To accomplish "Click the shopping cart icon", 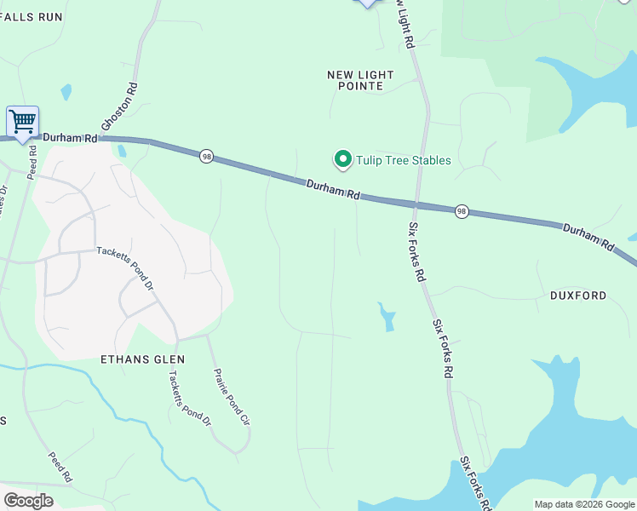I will [x=22, y=121].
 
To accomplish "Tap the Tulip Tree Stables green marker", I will [x=342, y=159].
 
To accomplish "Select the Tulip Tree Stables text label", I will [x=403, y=160].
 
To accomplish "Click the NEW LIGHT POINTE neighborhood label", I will [x=360, y=81].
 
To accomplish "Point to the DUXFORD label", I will [x=578, y=296].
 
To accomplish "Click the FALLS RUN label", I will [x=32, y=17].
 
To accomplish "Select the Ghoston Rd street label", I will [x=120, y=110].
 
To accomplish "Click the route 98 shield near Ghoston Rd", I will [x=207, y=156].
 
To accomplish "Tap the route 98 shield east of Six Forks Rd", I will [x=462, y=210].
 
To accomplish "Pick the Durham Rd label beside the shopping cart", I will [x=70, y=138].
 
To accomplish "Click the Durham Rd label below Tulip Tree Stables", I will [x=332, y=188].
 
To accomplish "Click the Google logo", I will [x=28, y=500].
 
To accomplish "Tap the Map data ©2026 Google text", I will [x=583, y=504].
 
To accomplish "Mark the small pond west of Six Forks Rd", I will [x=387, y=317].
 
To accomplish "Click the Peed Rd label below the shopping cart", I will [x=32, y=162].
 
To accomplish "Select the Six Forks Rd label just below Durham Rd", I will [x=416, y=252].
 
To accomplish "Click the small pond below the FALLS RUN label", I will [x=66, y=92].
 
